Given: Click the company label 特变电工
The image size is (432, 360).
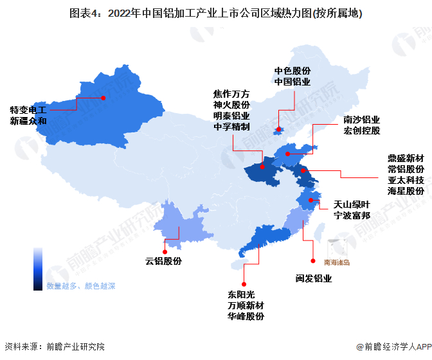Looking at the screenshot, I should (28, 110).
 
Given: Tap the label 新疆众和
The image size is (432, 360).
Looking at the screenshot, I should (28, 121).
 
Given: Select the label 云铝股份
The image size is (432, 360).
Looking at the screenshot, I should (163, 261).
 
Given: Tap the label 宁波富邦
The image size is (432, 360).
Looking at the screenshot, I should (352, 216).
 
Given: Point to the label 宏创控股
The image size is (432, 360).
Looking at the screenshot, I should (361, 131).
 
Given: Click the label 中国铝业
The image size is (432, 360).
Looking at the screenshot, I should (292, 82).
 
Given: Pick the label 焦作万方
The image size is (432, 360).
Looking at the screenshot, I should (231, 93).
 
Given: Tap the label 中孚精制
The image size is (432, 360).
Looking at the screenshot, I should (231, 127).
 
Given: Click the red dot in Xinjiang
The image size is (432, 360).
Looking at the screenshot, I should (102, 98).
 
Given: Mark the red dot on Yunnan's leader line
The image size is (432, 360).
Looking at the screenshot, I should (165, 251).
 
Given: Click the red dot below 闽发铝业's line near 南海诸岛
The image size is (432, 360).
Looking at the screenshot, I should (313, 261).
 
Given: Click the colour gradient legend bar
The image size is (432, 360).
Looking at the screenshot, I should (38, 269).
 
